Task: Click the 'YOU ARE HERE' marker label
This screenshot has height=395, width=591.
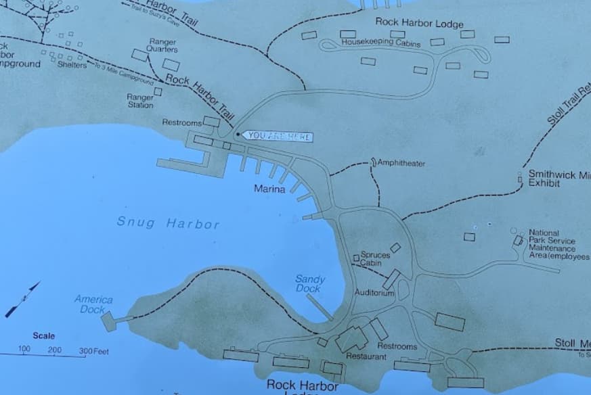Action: [278, 137]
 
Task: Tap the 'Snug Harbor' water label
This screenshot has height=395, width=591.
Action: [168, 223]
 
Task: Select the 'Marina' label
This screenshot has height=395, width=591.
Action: [269, 189]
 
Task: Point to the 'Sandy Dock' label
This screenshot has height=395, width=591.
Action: [310, 284]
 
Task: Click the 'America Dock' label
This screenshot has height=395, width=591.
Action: [93, 304]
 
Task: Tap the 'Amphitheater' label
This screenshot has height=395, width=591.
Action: [401, 163]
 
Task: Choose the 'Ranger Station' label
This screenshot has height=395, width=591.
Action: [140, 101]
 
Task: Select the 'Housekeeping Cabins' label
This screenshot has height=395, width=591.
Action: [380, 43]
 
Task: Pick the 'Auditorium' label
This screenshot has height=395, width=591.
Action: [374, 293]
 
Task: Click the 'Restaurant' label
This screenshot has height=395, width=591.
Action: [366, 356]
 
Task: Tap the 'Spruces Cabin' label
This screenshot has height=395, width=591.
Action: [375, 259]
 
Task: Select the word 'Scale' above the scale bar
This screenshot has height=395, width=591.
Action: [44, 335]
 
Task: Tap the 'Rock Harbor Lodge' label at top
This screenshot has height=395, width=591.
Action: [419, 22]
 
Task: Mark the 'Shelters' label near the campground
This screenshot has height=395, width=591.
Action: [72, 65]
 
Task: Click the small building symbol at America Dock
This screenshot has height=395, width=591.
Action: [108, 321]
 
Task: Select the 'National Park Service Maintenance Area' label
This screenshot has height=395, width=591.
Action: [556, 244]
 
